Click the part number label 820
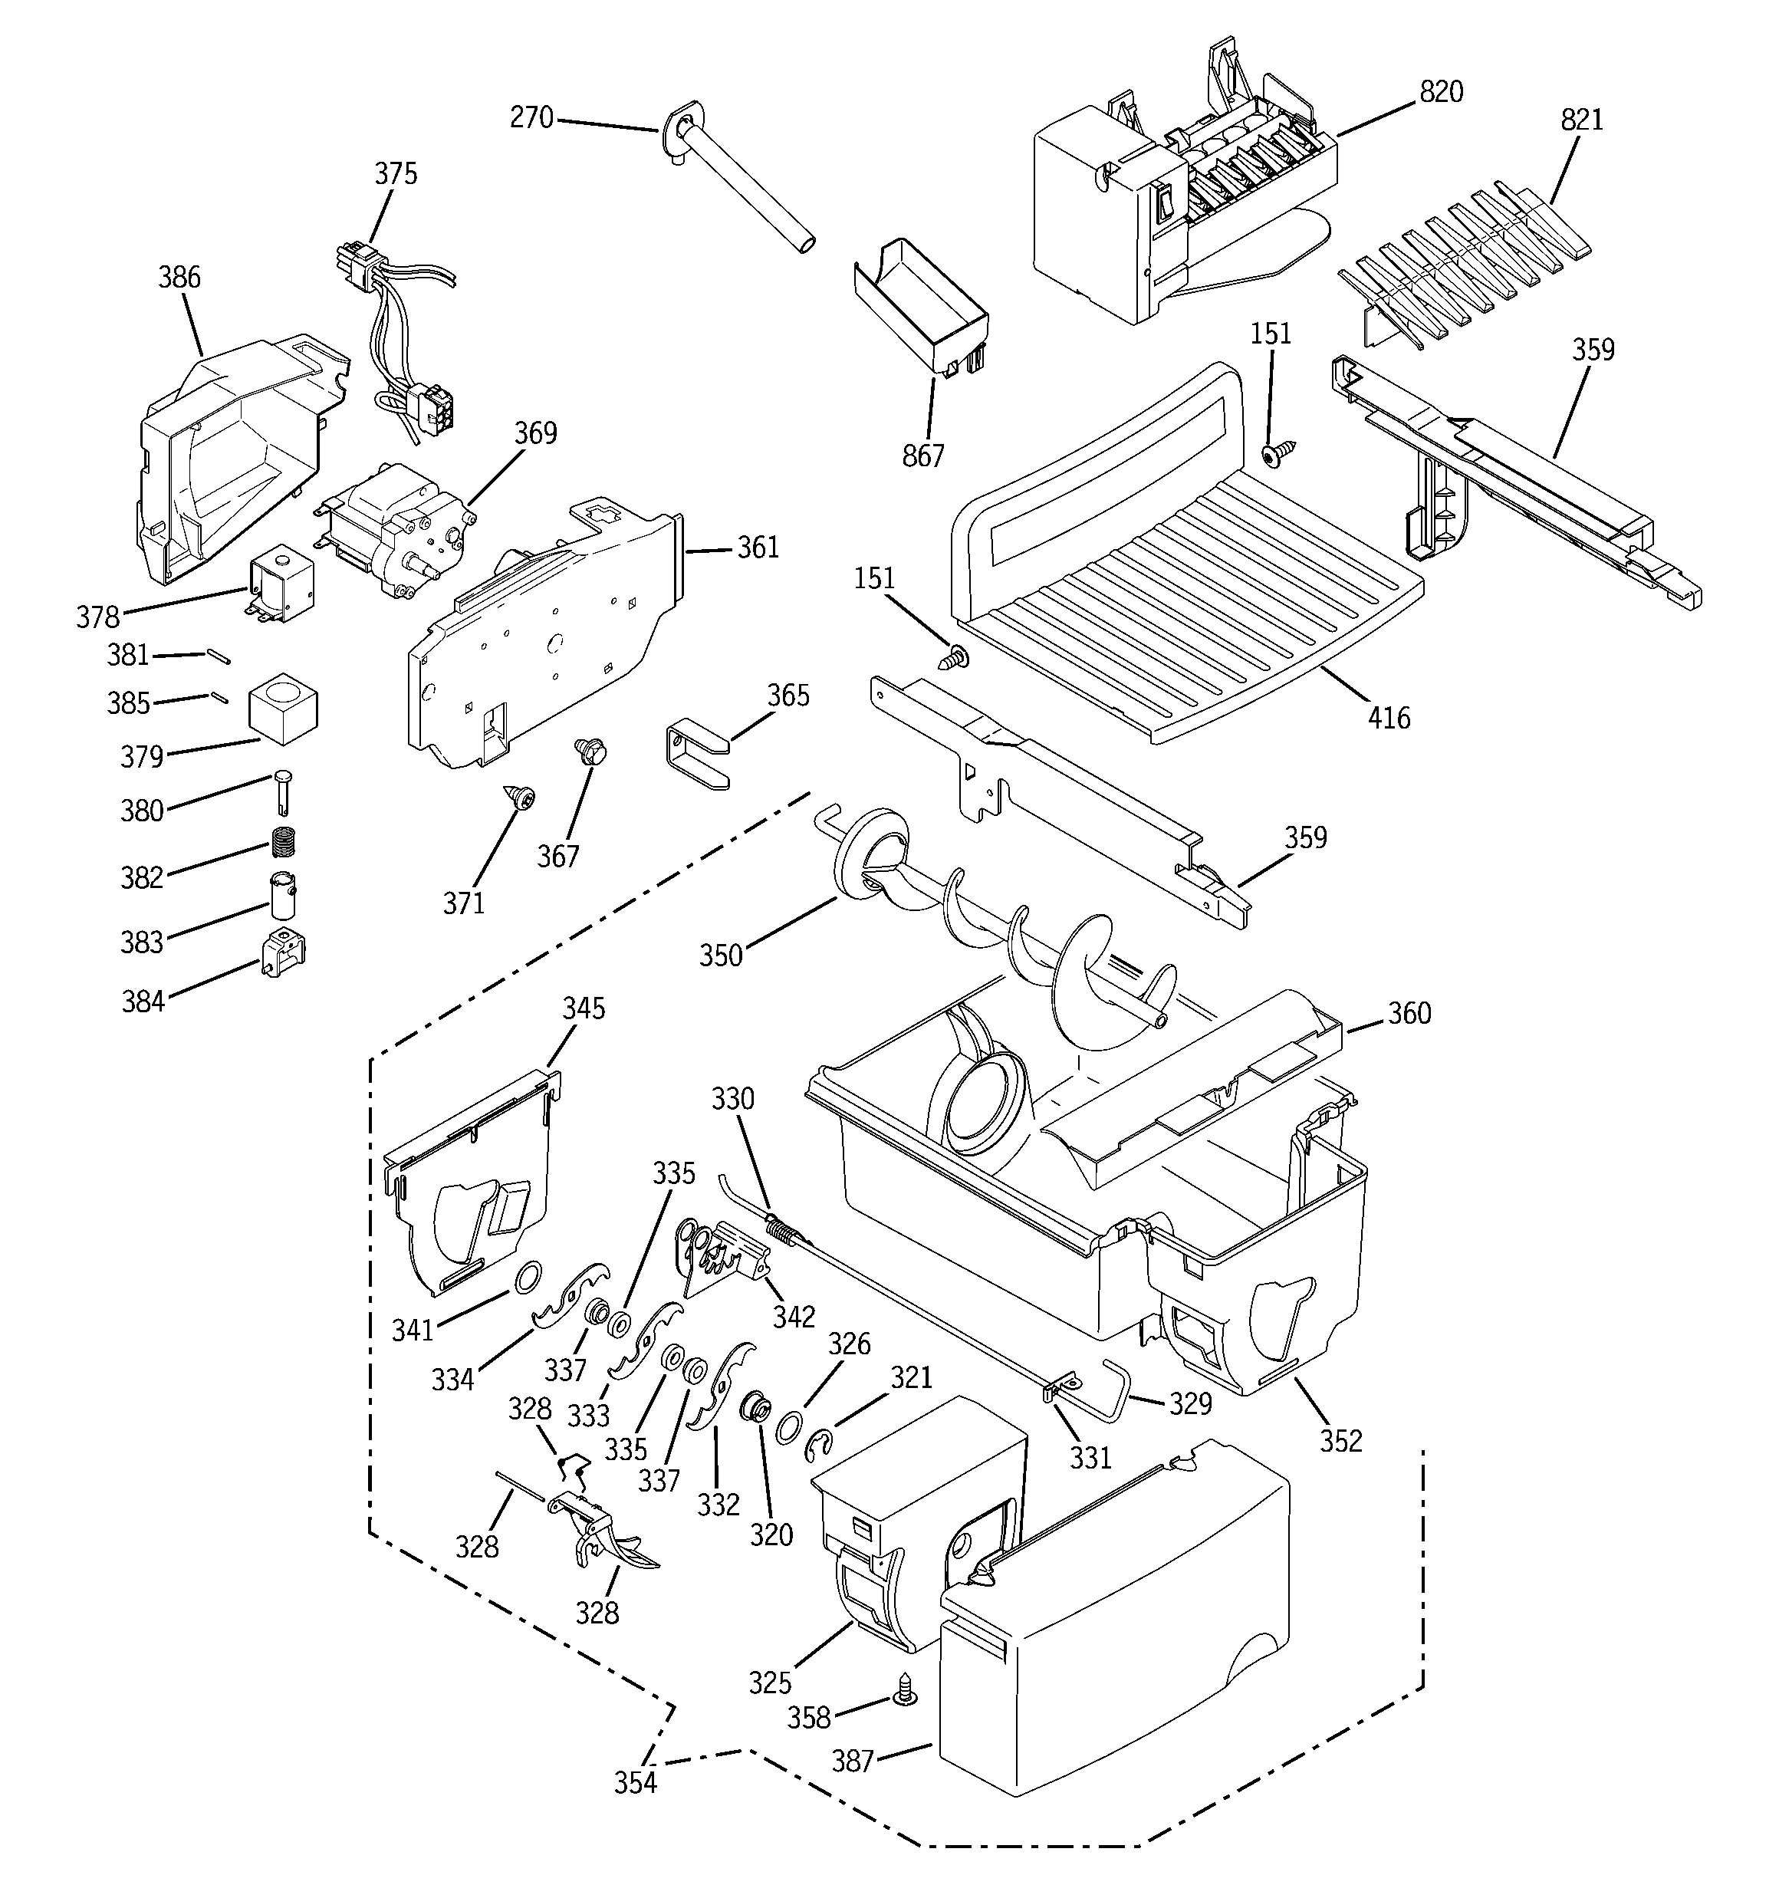tap(1441, 92)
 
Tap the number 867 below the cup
tap(922, 456)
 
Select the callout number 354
tap(635, 1781)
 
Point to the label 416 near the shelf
tap(1389, 717)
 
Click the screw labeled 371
tap(522, 795)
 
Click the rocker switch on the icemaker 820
tap(1162, 202)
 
